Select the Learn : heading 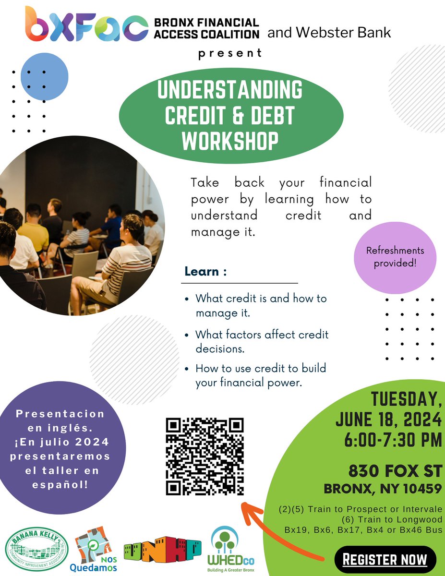click(205, 272)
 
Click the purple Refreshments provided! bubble click(395, 257)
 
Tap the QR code click(204, 456)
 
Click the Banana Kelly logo click(37, 550)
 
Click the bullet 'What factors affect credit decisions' click(262, 341)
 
